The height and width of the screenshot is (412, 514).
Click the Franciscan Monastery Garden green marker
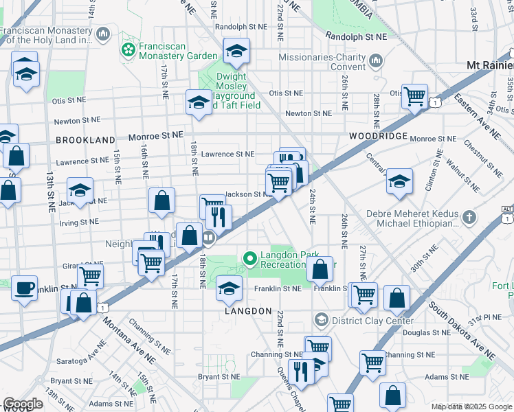[x=128, y=49]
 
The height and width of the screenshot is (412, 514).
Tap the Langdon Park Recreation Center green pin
[x=249, y=259]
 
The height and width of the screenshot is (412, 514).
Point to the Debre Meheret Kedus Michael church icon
[x=469, y=218]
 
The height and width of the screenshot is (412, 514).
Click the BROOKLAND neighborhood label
[x=85, y=139]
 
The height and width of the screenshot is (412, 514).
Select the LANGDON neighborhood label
[x=248, y=311]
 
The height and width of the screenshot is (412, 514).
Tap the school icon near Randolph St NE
[x=236, y=50]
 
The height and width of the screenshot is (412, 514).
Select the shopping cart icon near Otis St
[x=415, y=96]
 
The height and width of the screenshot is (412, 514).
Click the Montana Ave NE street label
[x=131, y=347]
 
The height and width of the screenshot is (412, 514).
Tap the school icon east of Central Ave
[x=399, y=181]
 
